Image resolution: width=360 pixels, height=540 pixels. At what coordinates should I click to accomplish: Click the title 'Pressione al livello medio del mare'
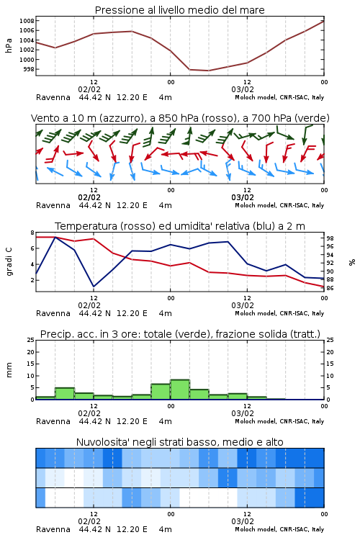pos(179,10)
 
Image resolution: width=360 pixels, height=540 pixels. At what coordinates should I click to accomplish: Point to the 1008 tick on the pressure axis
pos(27,21)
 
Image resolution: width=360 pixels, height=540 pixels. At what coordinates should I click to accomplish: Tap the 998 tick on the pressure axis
pos(29,69)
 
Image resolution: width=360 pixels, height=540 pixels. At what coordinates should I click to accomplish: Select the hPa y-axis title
pos(9,45)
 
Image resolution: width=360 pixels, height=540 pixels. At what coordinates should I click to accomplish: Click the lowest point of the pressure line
pos(208,71)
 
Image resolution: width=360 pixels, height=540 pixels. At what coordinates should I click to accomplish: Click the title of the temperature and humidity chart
pos(180,226)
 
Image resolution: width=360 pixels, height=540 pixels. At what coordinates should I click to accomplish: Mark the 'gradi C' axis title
pos(9,261)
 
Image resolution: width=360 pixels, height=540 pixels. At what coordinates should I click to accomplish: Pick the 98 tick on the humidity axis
pos(330,238)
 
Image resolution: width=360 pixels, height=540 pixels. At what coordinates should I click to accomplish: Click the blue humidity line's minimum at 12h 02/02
pos(94,287)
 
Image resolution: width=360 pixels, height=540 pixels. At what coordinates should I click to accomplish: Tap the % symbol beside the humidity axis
pos(352,262)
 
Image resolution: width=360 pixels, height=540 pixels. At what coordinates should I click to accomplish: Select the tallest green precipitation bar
pos(180,390)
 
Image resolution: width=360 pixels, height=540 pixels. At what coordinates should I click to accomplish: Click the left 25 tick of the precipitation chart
pos(31,340)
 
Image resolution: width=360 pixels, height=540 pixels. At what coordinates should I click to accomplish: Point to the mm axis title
pos(9,370)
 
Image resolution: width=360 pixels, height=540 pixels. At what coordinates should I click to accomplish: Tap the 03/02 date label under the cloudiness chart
pos(243,521)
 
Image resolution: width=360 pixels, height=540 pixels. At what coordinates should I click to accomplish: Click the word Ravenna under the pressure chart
pos(53,97)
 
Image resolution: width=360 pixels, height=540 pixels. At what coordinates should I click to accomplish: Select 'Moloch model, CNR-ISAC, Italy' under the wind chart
pos(279,205)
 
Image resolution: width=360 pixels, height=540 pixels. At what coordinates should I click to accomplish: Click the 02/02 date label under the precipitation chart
pos(89,413)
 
